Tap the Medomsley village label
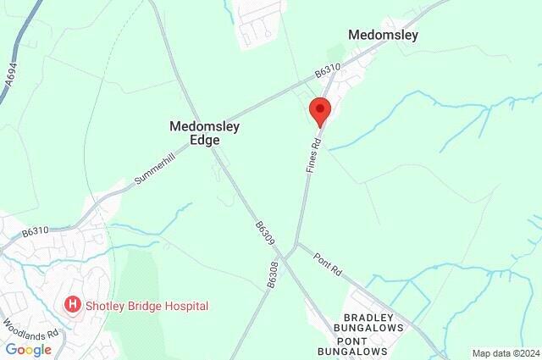[384, 36]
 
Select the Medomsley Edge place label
[204, 133]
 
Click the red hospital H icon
[73, 303]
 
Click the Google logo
[29, 349]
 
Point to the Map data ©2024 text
[505, 353]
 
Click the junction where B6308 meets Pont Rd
[290, 252]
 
